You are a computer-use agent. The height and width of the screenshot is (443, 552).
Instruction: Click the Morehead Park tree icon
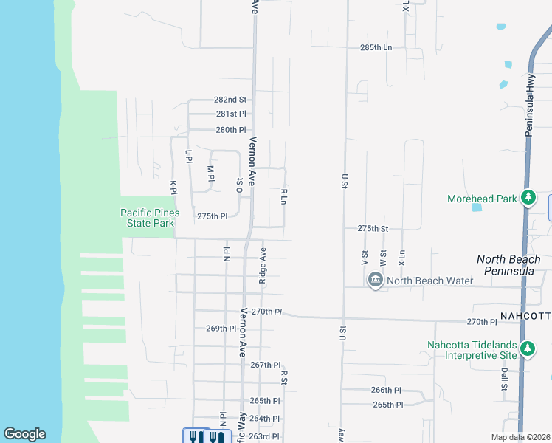(528, 198)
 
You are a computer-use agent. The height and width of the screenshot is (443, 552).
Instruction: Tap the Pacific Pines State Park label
(148, 219)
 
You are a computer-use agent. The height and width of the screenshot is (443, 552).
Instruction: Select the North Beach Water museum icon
(375, 281)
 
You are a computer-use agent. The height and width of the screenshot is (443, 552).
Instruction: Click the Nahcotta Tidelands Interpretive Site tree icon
(527, 348)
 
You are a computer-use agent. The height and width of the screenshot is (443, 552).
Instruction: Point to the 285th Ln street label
(376, 47)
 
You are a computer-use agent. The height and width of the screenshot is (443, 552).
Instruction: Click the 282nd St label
(230, 100)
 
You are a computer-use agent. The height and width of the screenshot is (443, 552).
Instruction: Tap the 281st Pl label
(230, 114)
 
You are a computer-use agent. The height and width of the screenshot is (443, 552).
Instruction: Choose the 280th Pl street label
(230, 130)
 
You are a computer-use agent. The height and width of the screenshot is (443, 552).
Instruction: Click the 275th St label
(373, 229)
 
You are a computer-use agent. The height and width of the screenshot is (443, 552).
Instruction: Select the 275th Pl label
(213, 216)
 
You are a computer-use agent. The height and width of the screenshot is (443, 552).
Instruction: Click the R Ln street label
(283, 196)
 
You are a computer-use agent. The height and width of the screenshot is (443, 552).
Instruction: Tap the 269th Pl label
(221, 329)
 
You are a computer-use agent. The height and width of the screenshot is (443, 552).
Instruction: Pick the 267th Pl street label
(266, 365)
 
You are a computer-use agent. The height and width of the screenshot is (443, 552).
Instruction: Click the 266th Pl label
(386, 390)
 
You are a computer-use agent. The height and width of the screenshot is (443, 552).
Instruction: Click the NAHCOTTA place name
(525, 316)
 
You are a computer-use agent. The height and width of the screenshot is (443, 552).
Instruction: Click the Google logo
(24, 434)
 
